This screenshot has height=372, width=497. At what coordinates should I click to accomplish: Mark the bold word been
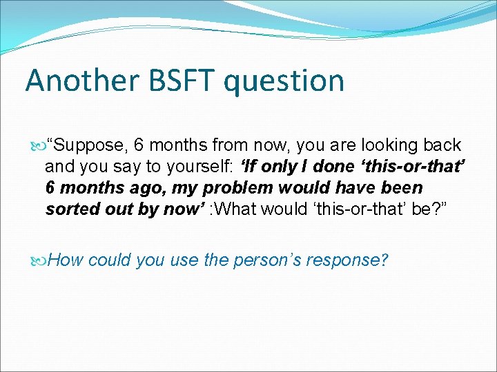pos(400,188)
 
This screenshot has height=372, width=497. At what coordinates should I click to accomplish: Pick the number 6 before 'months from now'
pos(139,145)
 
